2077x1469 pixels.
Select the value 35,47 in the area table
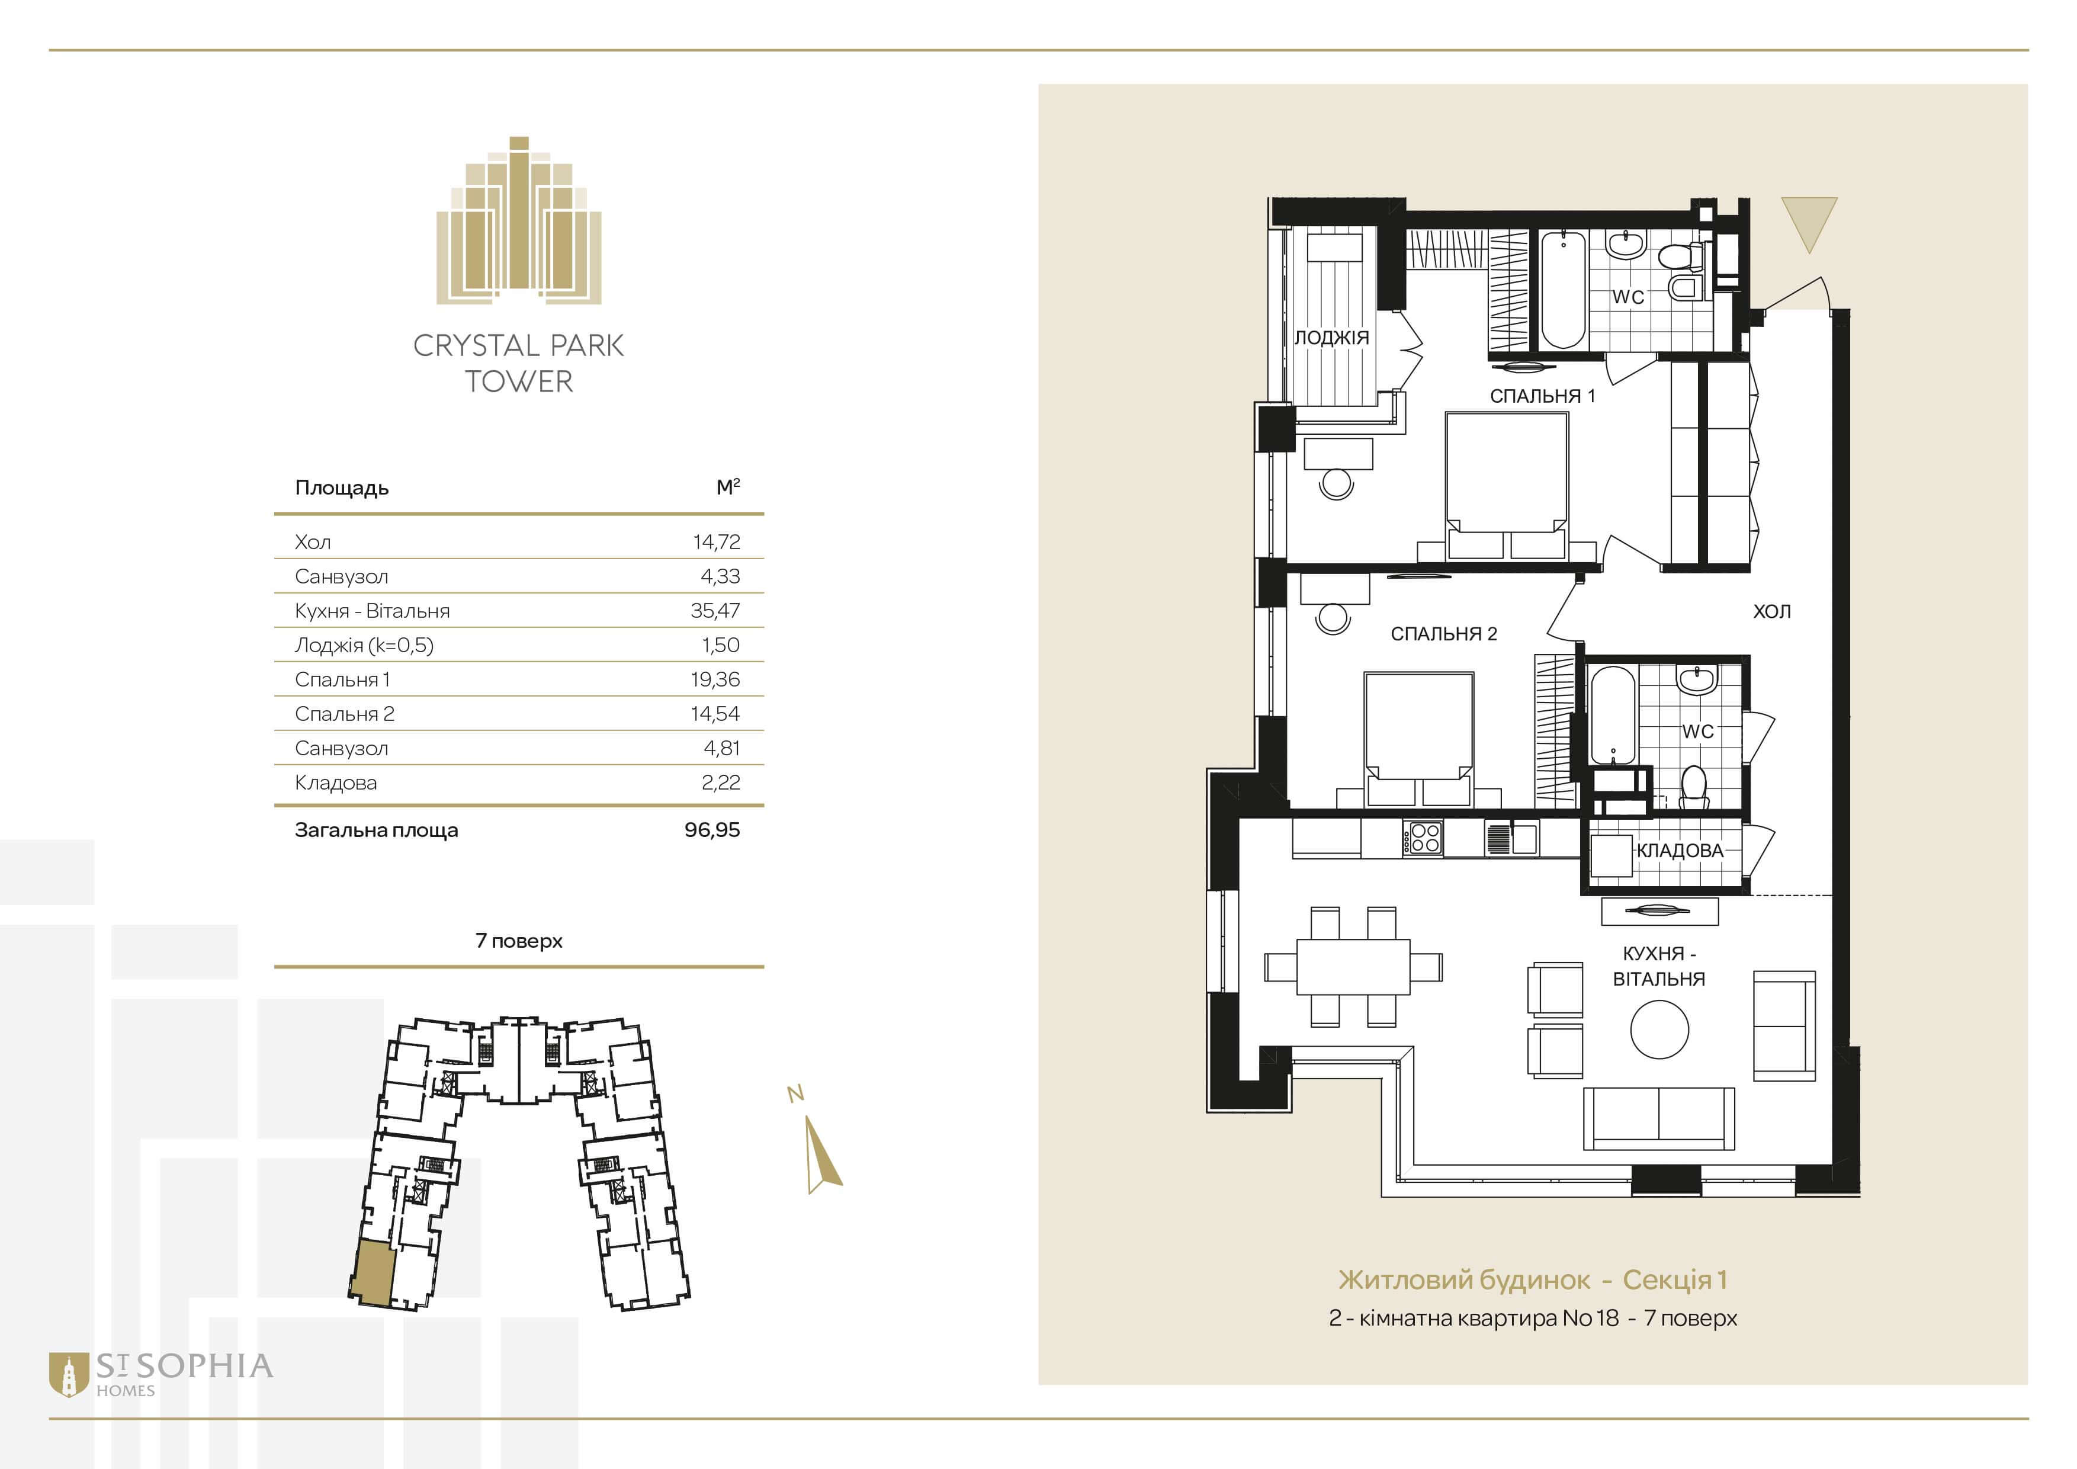(x=715, y=611)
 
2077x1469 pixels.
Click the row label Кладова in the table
(x=336, y=782)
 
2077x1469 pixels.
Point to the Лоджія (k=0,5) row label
(x=364, y=646)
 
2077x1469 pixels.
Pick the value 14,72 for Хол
(x=717, y=542)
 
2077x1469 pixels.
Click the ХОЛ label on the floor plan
(x=1771, y=611)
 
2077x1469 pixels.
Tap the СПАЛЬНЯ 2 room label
(x=1444, y=634)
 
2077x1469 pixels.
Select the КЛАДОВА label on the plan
(x=1680, y=850)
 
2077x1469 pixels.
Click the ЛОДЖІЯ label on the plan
(x=1331, y=338)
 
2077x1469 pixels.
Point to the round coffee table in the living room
(x=1659, y=1028)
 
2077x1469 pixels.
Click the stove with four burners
(x=1423, y=838)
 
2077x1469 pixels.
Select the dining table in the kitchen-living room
(x=1353, y=967)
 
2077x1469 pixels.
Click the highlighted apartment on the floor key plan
(x=373, y=1273)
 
